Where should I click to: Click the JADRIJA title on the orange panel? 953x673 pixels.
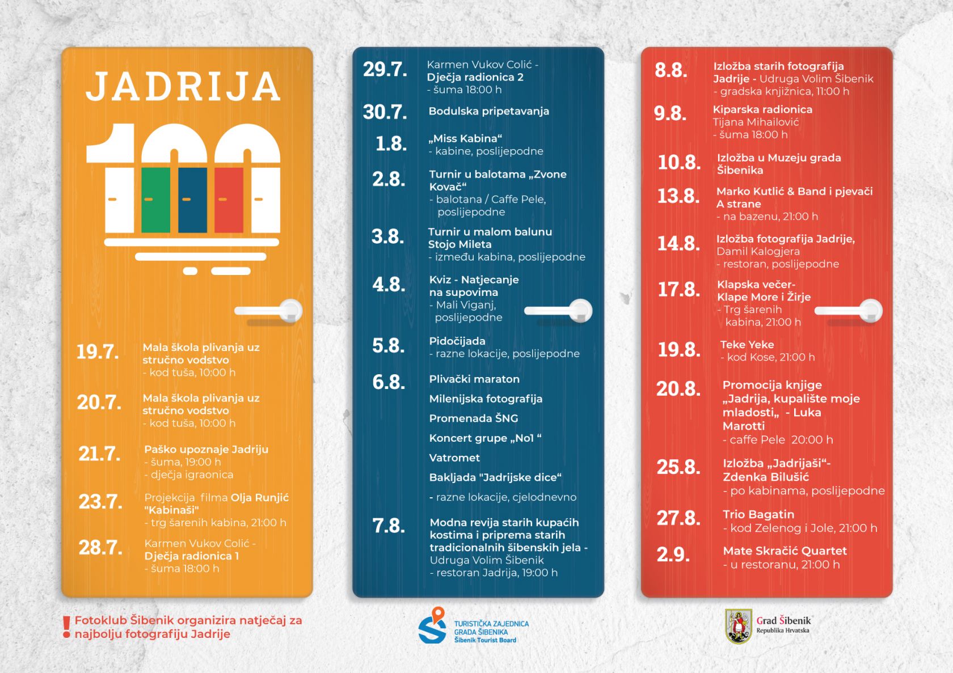pyautogui.click(x=184, y=86)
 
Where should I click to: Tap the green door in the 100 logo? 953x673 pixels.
pyautogui.click(x=155, y=200)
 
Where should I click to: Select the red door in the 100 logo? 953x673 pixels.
pyautogui.click(x=229, y=200)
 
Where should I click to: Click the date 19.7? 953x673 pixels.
pyautogui.click(x=98, y=352)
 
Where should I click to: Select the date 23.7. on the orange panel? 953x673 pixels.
pyautogui.click(x=100, y=502)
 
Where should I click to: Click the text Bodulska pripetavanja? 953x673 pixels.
pyautogui.click(x=488, y=111)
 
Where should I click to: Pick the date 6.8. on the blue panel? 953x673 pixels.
pyautogui.click(x=389, y=382)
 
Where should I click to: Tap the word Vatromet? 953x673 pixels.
pyautogui.click(x=454, y=458)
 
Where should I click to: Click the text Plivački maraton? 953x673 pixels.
pyautogui.click(x=474, y=379)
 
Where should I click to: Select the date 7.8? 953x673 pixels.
pyautogui.click(x=389, y=526)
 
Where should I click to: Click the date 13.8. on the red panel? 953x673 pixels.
pyautogui.click(x=678, y=196)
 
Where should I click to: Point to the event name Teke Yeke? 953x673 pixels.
pyautogui.click(x=747, y=344)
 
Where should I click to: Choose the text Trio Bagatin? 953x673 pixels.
pyautogui.click(x=758, y=514)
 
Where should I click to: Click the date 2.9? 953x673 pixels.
pyautogui.click(x=673, y=554)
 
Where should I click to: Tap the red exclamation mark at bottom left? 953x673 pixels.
pyautogui.click(x=66, y=627)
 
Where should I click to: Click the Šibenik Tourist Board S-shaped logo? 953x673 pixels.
pyautogui.click(x=433, y=626)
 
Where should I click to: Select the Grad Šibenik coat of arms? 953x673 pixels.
pyautogui.click(x=739, y=627)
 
